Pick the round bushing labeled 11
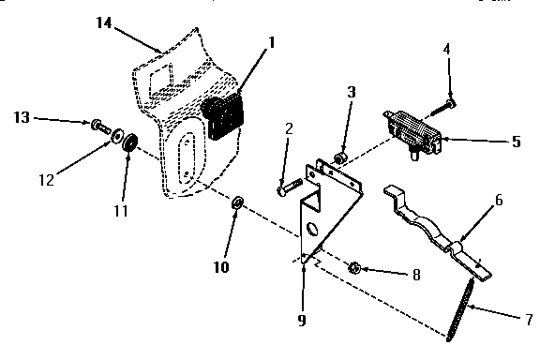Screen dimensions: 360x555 click(129, 142)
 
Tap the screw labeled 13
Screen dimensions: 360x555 click(97, 125)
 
